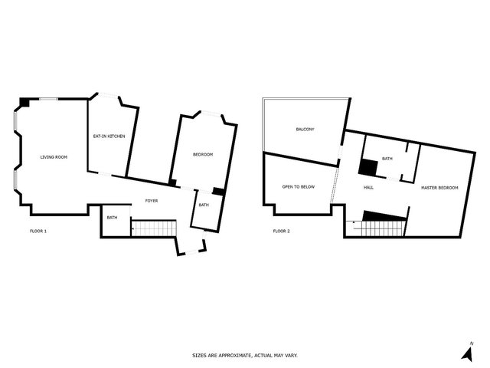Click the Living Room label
coord(54,157)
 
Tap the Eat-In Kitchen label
coord(109,136)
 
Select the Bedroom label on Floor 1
coord(203,155)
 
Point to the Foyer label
coord(152,201)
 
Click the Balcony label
coord(305,130)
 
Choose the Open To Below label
coord(299,187)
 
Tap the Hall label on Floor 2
coord(368,187)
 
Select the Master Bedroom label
coord(439,188)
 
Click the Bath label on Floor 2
coord(387,159)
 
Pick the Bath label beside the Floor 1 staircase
coord(113,218)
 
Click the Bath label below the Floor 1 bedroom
coord(204,205)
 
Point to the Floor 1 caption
coord(38,232)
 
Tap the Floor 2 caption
coord(281,232)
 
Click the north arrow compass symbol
coord(468,353)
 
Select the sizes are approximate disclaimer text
coord(245,356)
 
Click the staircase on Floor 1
coord(154,228)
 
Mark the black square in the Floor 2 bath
coord(367,167)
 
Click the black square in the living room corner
coord(24,102)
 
